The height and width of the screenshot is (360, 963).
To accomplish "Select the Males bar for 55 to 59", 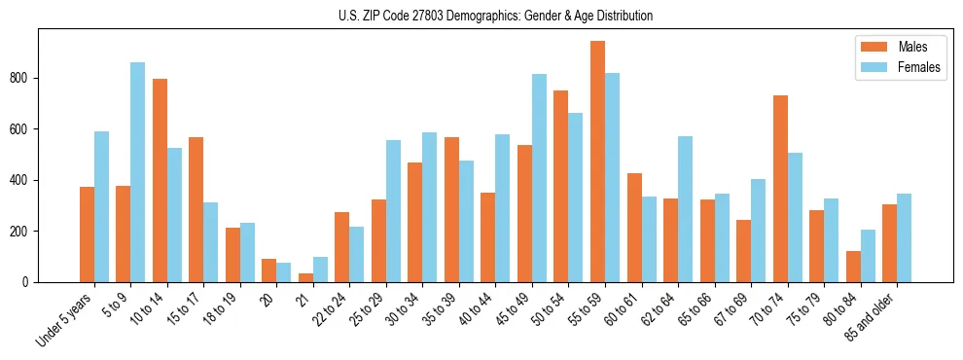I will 597,162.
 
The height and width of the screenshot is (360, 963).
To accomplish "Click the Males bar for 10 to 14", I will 160,180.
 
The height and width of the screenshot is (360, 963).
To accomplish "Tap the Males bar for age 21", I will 305,277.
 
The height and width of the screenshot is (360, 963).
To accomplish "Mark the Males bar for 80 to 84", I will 853,267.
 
